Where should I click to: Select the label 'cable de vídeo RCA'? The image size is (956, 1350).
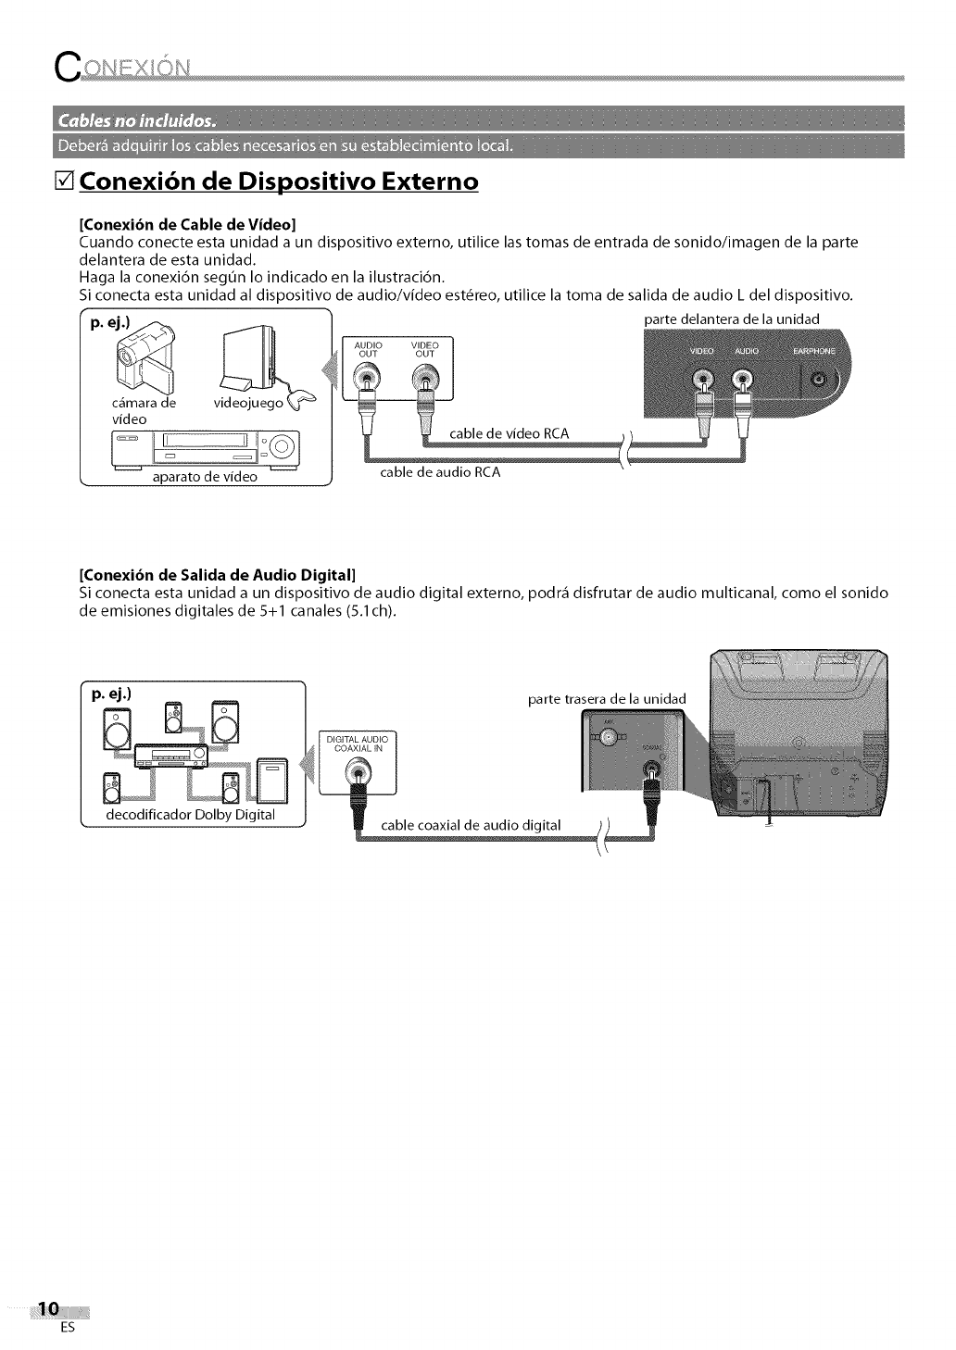click(x=508, y=434)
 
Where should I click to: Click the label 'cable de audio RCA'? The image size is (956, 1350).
click(x=441, y=472)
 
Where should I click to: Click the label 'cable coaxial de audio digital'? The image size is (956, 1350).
click(x=471, y=825)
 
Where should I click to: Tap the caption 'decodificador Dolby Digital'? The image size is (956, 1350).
click(x=192, y=815)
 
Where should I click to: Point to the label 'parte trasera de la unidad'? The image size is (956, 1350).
click(x=607, y=697)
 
